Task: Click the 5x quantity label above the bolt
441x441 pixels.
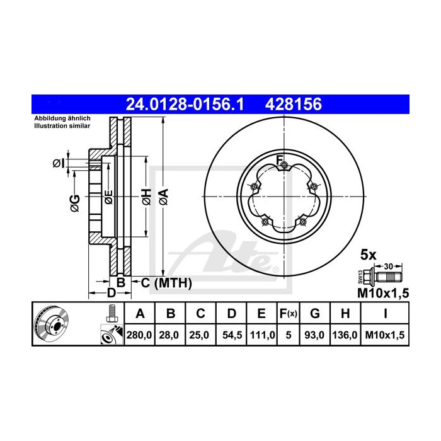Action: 367,255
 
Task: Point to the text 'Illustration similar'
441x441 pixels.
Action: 62,126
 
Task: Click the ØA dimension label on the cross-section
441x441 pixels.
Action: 163,196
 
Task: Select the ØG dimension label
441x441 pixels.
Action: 74,201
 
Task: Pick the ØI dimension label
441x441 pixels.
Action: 59,163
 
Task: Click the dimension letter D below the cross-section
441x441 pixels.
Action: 111,293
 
